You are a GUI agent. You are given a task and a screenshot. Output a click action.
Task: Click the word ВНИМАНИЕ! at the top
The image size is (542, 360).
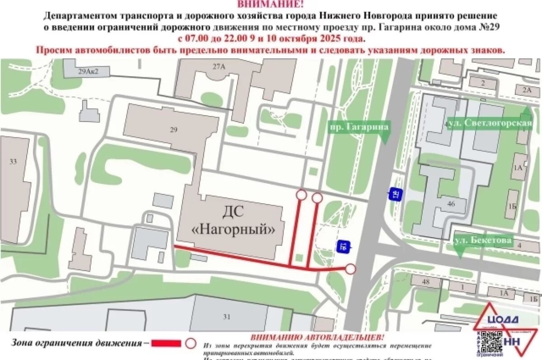tap(271, 5)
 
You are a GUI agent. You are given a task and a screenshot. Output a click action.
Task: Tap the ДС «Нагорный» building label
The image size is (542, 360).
tap(234, 221)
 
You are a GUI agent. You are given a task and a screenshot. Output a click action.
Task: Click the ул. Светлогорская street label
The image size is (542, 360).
tap(490, 123)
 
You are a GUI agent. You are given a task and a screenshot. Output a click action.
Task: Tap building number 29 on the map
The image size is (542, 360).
tap(174, 130)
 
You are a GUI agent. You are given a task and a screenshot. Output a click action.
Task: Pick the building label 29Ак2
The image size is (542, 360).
tap(88, 71)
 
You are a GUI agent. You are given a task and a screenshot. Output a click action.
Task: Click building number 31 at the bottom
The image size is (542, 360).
tap(227, 317)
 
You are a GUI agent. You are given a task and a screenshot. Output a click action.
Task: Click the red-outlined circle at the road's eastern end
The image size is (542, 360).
tap(350, 270)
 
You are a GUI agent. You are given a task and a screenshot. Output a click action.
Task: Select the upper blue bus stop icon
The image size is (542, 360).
tap(395, 195)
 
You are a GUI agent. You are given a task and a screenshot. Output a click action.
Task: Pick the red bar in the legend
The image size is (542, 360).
tap(166, 344)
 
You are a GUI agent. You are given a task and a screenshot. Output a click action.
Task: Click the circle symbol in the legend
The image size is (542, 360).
tap(191, 344)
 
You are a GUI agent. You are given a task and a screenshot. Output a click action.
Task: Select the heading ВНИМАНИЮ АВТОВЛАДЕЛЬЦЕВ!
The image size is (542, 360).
tap(318, 337)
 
